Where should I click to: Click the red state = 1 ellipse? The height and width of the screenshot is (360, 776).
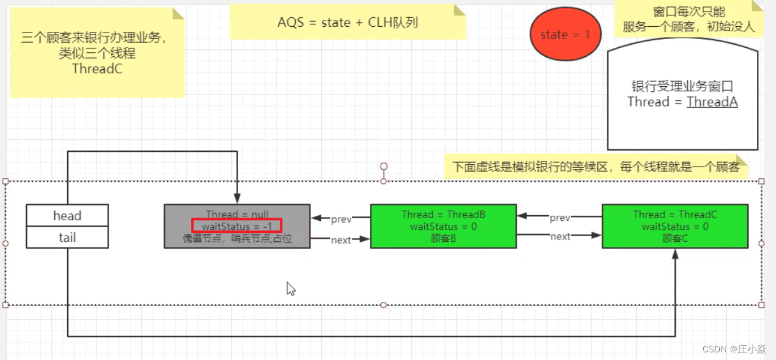565,35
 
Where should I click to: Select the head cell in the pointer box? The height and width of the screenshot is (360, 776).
67,216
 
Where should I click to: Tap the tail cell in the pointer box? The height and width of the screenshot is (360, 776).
67,237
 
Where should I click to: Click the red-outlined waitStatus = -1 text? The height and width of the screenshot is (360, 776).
236,225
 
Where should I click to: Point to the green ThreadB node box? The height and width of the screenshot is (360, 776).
443,226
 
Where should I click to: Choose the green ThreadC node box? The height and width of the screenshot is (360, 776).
674,226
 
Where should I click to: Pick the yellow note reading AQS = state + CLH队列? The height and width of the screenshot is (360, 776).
347,22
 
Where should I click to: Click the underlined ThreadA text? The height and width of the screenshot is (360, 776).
711,101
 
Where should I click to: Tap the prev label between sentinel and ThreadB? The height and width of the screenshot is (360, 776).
341,219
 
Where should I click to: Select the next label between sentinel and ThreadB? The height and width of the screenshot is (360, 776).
341,240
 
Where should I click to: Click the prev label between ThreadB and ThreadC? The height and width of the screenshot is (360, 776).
559,218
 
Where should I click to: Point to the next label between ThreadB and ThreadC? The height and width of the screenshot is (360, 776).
560,236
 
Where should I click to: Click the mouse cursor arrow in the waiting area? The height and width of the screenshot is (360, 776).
291,289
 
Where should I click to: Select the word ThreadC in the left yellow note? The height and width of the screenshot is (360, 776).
97,69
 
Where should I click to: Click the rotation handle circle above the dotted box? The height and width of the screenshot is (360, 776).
384,167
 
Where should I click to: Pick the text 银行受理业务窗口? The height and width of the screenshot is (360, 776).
682,87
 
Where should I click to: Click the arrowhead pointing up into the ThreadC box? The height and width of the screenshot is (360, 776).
675,253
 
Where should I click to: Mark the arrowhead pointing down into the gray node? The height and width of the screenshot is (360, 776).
237,199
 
